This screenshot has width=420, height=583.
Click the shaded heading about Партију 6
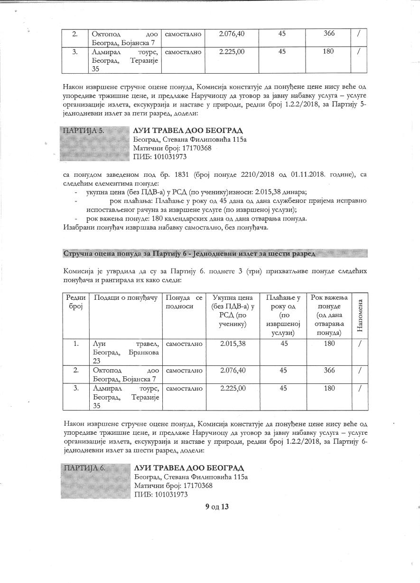click(189, 253)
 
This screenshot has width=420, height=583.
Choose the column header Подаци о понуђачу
click(125, 297)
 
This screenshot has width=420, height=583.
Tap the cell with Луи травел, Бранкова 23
click(125, 352)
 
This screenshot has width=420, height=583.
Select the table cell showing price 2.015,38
click(233, 344)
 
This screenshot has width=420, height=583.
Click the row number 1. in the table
click(75, 344)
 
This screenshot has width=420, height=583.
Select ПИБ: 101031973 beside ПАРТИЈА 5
click(160, 157)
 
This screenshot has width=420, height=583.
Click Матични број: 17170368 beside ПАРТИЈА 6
click(173, 486)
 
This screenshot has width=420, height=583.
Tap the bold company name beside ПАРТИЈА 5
click(188, 130)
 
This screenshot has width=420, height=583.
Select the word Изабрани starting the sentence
click(77, 227)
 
